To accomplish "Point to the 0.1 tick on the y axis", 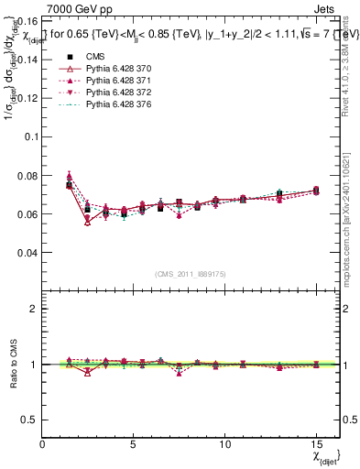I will coord(31,136).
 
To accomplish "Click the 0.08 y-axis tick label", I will coord(28,175).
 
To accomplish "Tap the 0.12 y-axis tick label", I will coord(28,97).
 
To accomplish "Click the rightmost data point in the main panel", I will coord(316,191).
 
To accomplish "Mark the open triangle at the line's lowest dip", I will coord(88,222).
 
